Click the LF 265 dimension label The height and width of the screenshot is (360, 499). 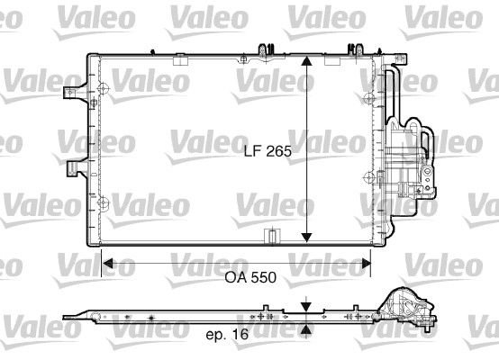[268, 152]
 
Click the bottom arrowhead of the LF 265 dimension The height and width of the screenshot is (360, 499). [308, 238]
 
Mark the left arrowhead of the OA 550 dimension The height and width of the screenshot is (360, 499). [106, 264]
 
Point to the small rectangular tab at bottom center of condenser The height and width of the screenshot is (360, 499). [268, 237]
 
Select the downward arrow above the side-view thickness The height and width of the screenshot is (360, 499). [308, 306]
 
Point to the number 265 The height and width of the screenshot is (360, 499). [279, 152]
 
